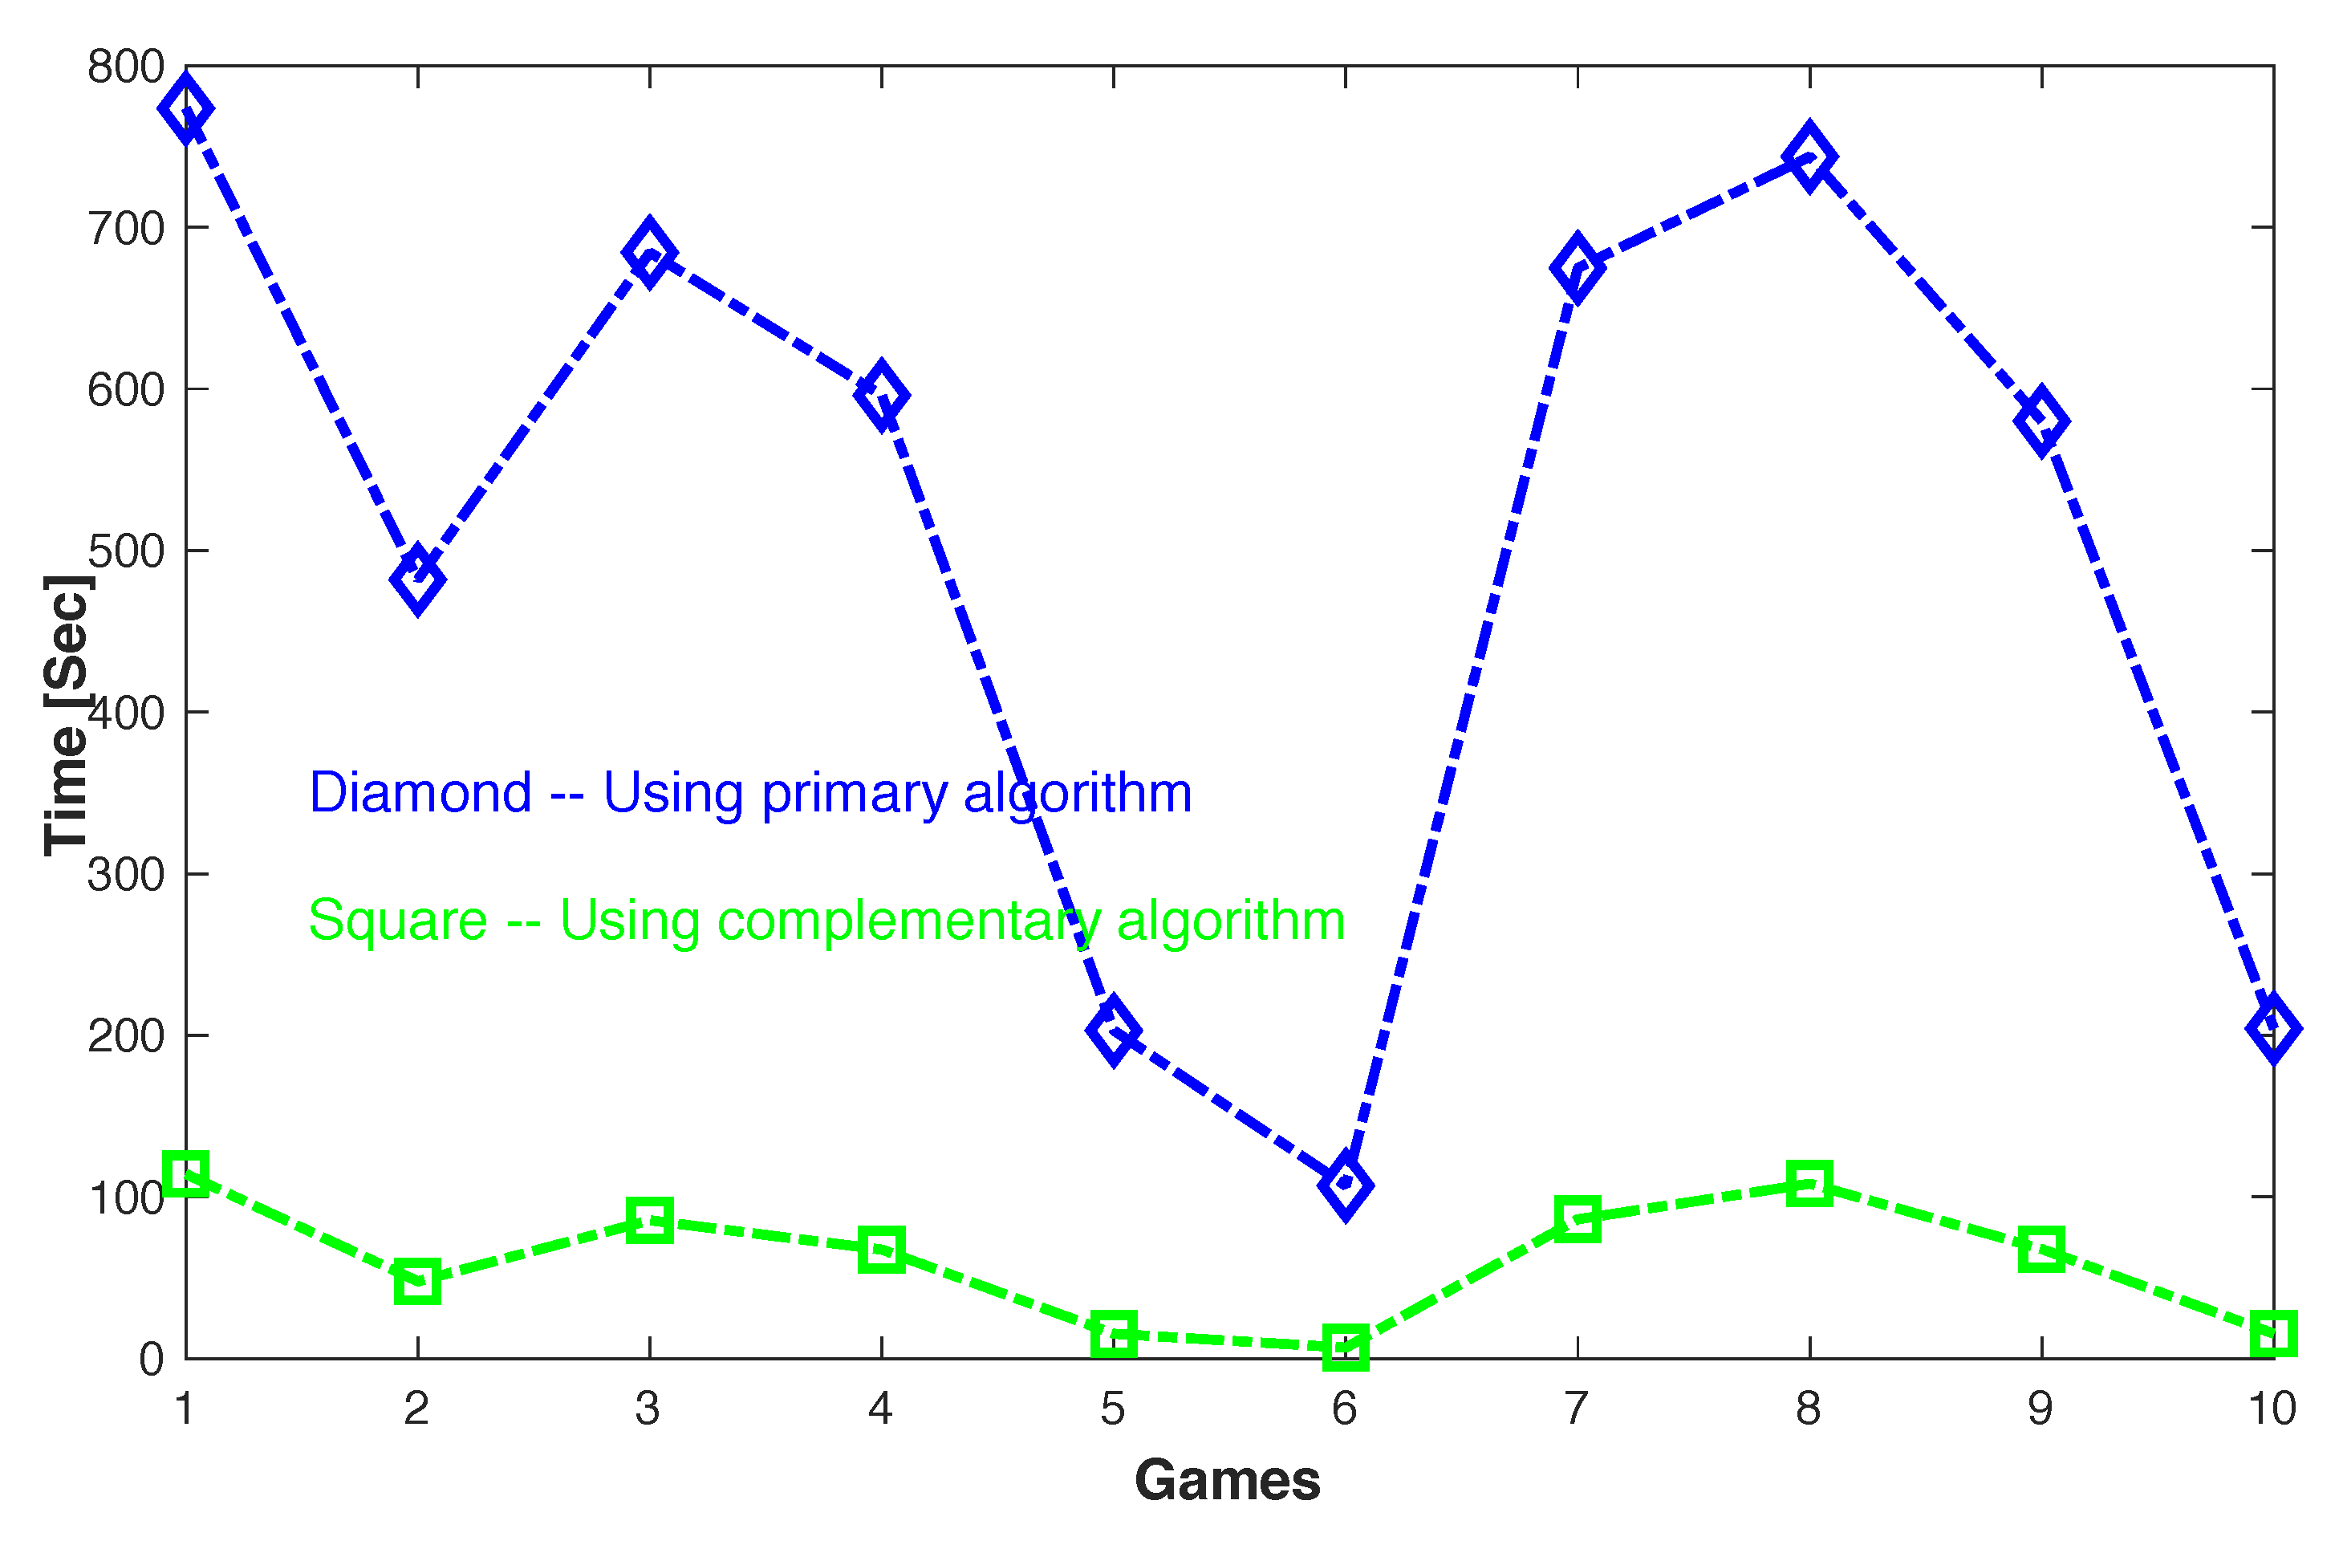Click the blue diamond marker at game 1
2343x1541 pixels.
[186, 108]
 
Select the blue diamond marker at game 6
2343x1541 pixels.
[1345, 1184]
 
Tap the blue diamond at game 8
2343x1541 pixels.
[1809, 157]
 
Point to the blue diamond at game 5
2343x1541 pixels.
[1114, 1030]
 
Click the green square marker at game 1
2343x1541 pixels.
[186, 1173]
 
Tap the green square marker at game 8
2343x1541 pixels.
[1809, 1182]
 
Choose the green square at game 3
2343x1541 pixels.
[650, 1221]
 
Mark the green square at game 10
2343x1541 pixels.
[2273, 1333]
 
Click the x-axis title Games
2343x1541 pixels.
[1227, 1480]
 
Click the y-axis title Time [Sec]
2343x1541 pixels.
[67, 715]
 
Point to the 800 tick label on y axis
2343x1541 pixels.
[125, 67]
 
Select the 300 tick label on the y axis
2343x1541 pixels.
[125, 874]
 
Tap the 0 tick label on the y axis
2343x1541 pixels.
[151, 1360]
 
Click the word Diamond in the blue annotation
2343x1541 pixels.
[420, 793]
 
